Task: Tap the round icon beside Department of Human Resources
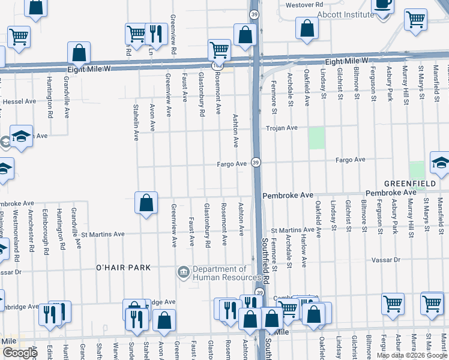coord(182,273)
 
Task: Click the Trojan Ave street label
coord(282,128)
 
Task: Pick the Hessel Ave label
coord(19,102)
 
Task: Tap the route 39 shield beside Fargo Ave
coord(256,163)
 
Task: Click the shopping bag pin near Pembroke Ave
coord(146,203)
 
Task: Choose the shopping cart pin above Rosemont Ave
coord(219,50)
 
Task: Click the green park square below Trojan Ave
coord(316,137)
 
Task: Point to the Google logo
coord(19,353)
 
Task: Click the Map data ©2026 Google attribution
coord(411,355)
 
